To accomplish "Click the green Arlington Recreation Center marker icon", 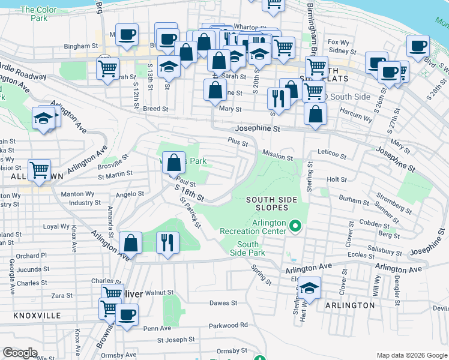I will coord(295,226).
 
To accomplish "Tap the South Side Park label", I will coord(247,248).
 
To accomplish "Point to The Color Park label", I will coord(38,14).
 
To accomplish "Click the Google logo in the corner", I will coord(20,353).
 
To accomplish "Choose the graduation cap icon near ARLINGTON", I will coord(309,287).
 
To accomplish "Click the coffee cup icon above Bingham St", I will coord(127,35).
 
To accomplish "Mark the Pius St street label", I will coord(238,140).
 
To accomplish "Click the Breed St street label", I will coord(155,109).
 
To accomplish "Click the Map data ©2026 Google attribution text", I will coord(411,355).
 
